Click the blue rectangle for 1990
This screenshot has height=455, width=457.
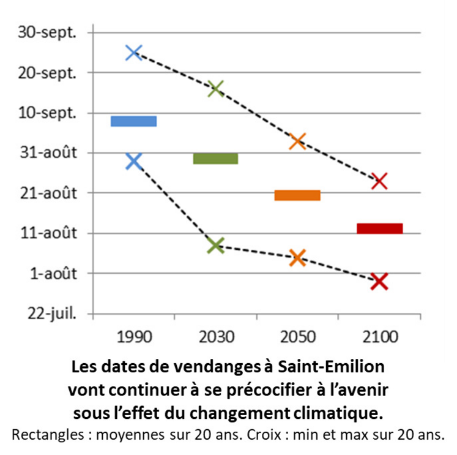133,121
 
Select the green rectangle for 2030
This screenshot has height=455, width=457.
215,159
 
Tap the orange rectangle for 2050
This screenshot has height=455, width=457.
297,195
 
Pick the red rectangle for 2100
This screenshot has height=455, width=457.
379,228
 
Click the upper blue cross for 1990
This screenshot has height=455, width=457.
134,52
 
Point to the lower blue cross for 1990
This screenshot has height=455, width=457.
134,162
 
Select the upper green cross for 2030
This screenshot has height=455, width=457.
215,88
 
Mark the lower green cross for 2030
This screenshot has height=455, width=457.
215,246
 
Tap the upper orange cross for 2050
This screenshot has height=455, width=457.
297,141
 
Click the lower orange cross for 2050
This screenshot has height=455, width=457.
297,257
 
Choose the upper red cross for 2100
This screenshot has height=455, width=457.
379,181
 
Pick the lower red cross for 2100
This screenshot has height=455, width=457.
379,281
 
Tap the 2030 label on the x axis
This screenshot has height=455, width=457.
215,337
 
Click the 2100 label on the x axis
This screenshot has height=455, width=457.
379,337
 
